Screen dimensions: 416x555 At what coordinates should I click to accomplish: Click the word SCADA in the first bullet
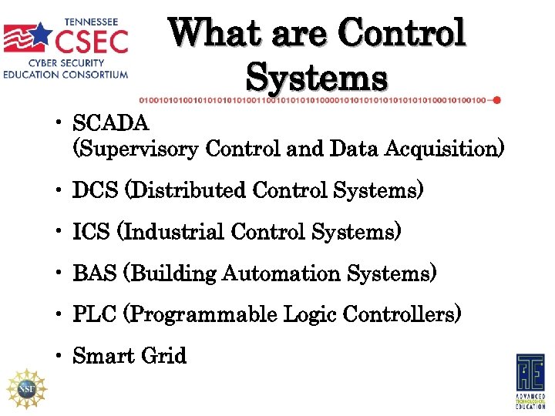click(x=111, y=123)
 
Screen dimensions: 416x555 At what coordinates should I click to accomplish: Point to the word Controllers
click(x=402, y=315)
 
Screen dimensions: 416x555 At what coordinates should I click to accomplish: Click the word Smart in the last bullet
click(x=100, y=357)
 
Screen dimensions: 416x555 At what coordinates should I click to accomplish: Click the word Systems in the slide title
click(x=316, y=77)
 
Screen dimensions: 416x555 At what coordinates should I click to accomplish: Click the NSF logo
click(x=26, y=388)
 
